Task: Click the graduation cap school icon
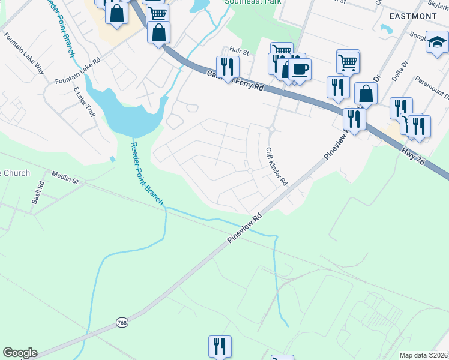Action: click(437, 42)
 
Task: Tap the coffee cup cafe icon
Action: click(300, 68)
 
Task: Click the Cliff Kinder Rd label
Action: click(277, 158)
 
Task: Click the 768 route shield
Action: click(121, 323)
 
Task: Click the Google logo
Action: click(20, 353)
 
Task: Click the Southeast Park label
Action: click(244, 2)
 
